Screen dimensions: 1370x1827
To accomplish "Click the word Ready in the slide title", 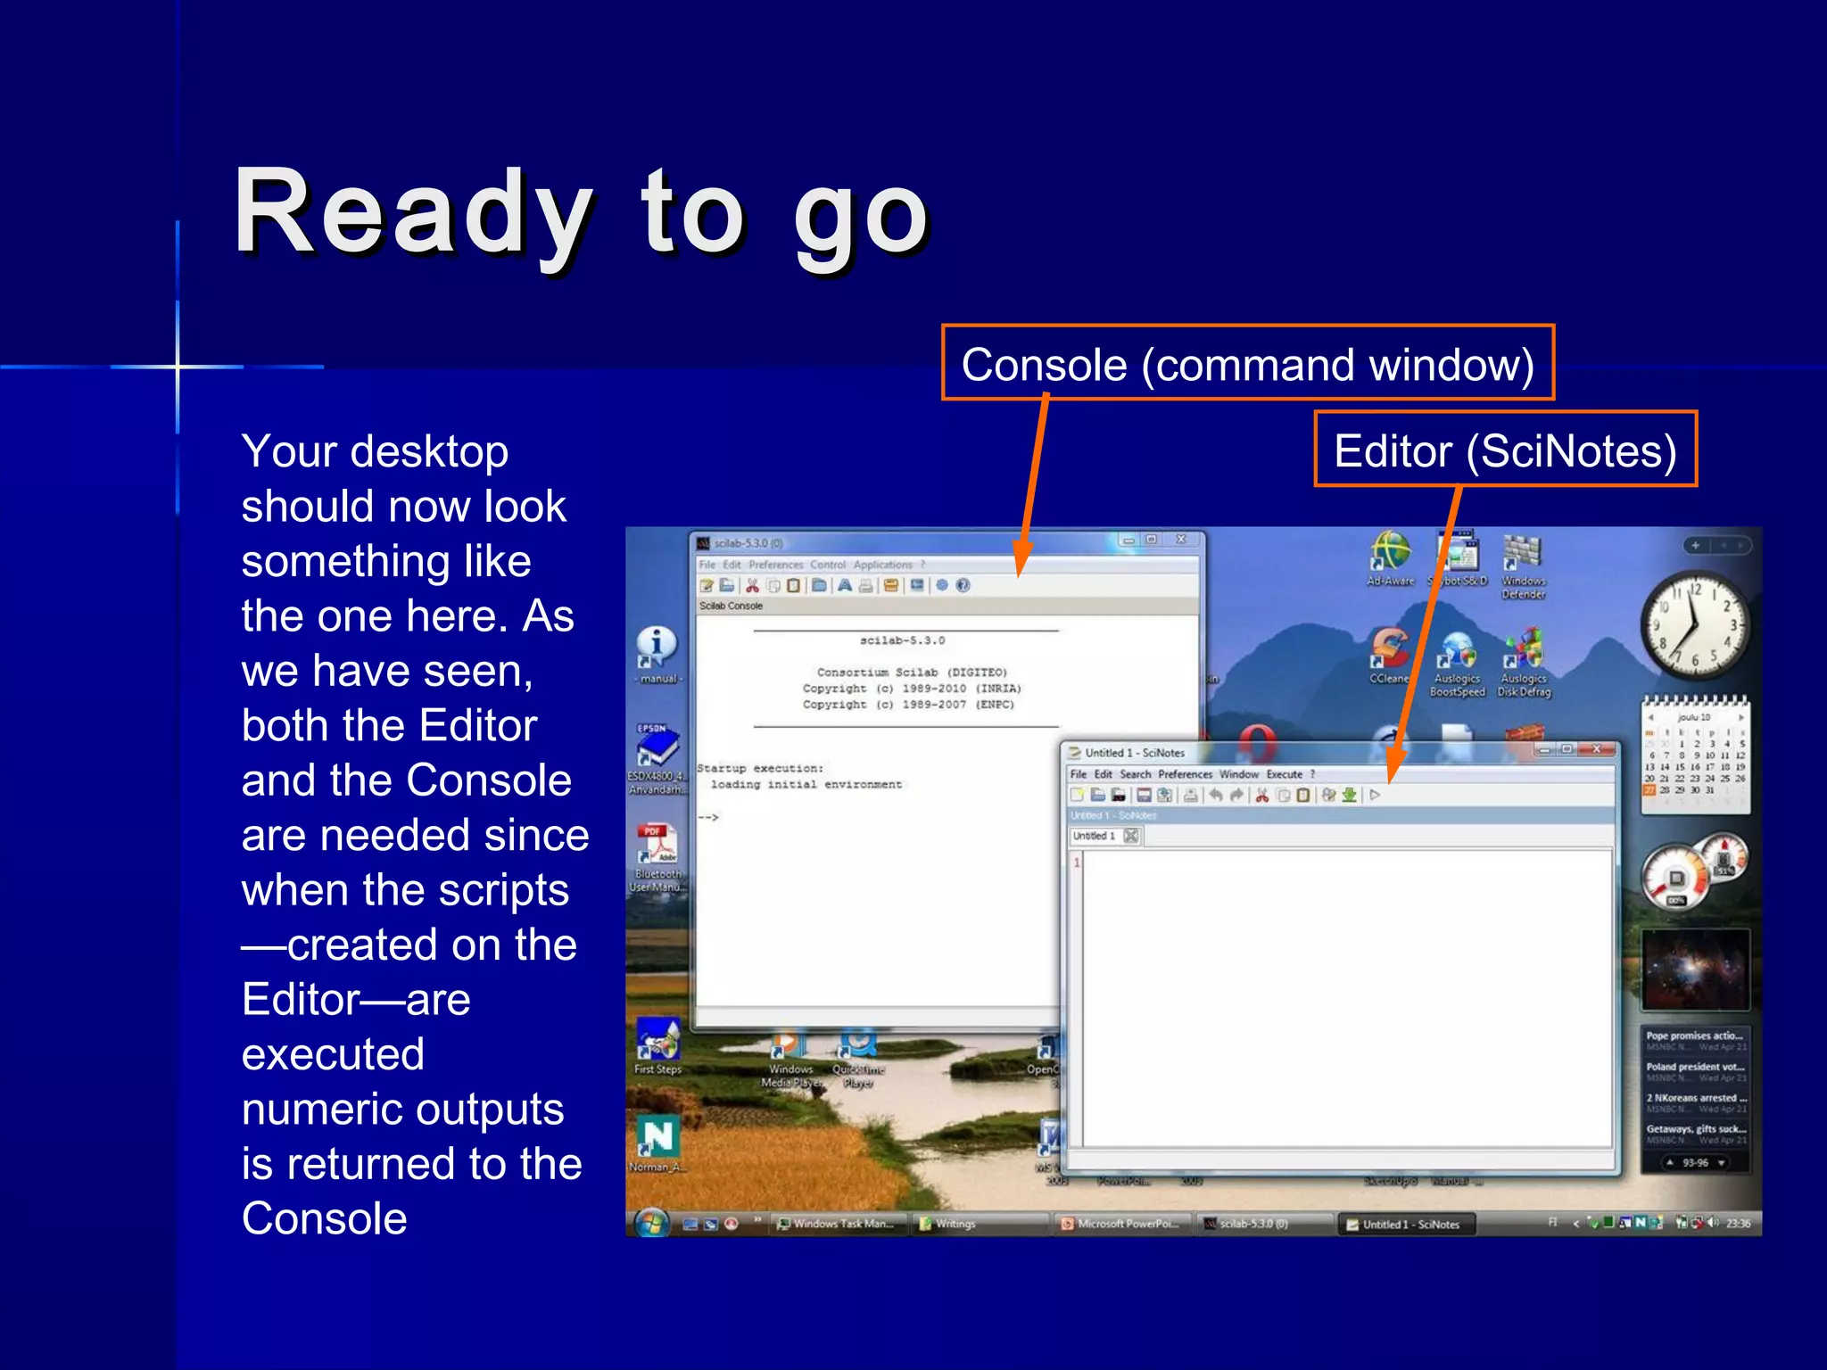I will [x=412, y=214].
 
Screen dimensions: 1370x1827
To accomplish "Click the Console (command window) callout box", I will [x=1247, y=364].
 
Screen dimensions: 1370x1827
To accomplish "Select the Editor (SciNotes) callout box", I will [x=1505, y=450].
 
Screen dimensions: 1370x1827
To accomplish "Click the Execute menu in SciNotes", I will [x=1284, y=774].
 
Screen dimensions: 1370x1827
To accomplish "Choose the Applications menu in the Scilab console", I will [x=882, y=565].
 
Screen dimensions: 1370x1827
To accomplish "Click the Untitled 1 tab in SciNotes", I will [x=1095, y=836].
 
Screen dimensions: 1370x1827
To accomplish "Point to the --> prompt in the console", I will [x=708, y=817].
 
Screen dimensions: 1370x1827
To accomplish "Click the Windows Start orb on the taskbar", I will [x=652, y=1222].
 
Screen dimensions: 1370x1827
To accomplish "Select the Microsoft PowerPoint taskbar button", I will [x=1121, y=1224].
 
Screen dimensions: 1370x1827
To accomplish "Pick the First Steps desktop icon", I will [x=657, y=1044].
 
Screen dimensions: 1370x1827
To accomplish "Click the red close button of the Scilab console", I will [x=1181, y=541].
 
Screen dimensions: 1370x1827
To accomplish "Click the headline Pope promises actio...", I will [x=1693, y=1036].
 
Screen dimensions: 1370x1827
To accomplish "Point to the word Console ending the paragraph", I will [x=324, y=1218].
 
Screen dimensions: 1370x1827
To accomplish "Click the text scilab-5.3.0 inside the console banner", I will [x=902, y=640].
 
